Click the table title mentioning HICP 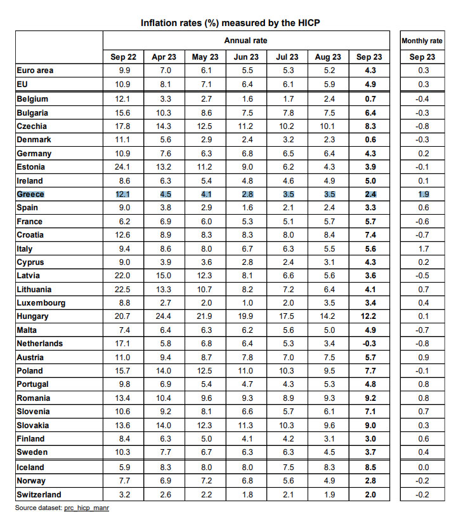pyautogui.click(x=230, y=23)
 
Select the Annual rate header pyautogui.click(x=246, y=41)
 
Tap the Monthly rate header pyautogui.click(x=422, y=41)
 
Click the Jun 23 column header pyautogui.click(x=246, y=57)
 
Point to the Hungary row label pyautogui.click(x=32, y=316)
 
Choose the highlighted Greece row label pyautogui.click(x=30, y=194)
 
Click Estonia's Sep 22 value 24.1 pyautogui.click(x=122, y=167)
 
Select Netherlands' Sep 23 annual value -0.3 pyautogui.click(x=369, y=344)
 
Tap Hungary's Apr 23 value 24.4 pyautogui.click(x=163, y=316)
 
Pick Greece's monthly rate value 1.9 pyautogui.click(x=424, y=194)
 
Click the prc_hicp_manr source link pyautogui.click(x=86, y=508)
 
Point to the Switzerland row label pyautogui.click(x=39, y=495)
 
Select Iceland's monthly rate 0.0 pyautogui.click(x=424, y=468)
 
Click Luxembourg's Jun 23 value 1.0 pyautogui.click(x=247, y=303)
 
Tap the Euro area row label pyautogui.click(x=35, y=71)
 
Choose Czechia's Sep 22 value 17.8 pyautogui.click(x=122, y=126)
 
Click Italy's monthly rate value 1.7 pyautogui.click(x=424, y=249)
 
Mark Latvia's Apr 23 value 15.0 pyautogui.click(x=163, y=276)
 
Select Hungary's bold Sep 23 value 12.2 pyautogui.click(x=368, y=316)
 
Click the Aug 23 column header pyautogui.click(x=328, y=57)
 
